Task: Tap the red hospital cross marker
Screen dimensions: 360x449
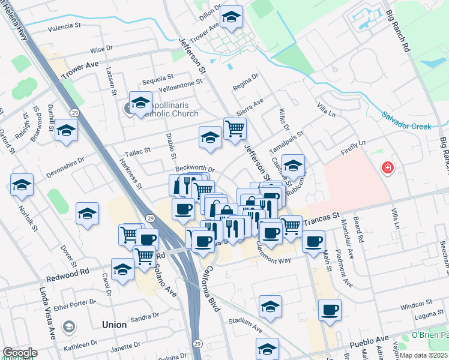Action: [x=388, y=167]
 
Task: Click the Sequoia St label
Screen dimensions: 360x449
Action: [x=157, y=77]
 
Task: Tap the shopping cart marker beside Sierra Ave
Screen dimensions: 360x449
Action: [x=235, y=128]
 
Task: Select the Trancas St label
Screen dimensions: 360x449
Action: [x=321, y=222]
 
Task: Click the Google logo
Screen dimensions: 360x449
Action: [x=20, y=353]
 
